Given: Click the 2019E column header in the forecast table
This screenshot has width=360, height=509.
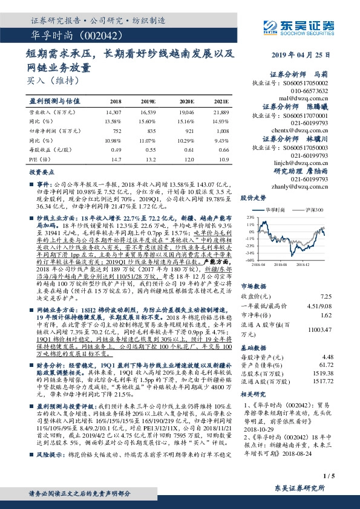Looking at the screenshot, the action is [x=148, y=102].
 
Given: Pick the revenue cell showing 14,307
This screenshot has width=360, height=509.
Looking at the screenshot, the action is [x=113, y=112].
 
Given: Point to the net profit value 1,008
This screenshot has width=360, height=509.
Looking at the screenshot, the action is [x=223, y=130].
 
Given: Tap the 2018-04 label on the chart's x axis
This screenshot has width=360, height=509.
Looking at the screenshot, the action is [x=261, y=264].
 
